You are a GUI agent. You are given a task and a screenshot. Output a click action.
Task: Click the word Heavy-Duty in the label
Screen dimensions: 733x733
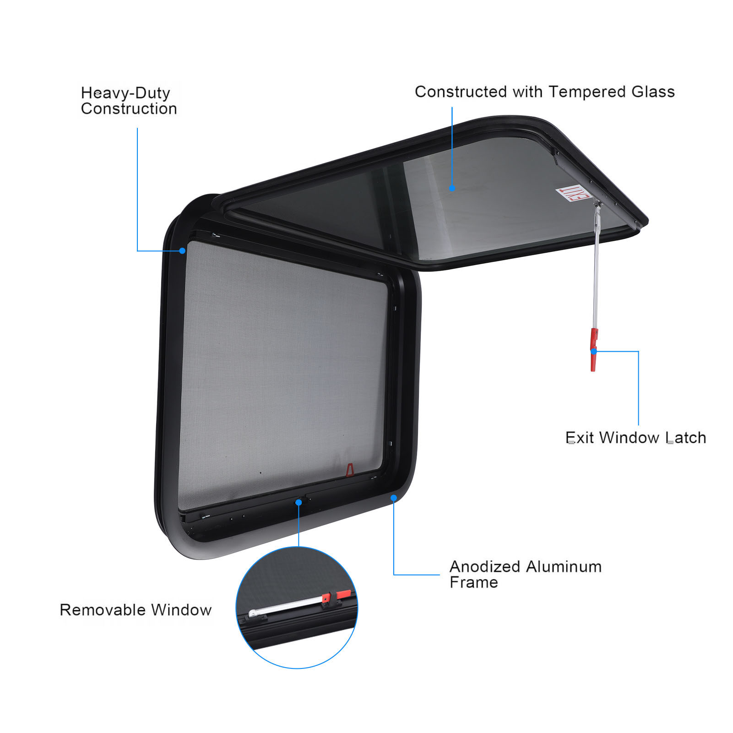[125, 93]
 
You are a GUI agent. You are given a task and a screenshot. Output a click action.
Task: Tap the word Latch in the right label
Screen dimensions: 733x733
[686, 438]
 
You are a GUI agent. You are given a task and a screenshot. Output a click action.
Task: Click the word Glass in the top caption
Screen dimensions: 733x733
[653, 92]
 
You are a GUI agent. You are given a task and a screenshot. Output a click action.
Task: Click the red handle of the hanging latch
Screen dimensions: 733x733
[594, 349]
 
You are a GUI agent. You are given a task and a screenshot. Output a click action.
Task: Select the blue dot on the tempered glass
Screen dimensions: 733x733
[452, 188]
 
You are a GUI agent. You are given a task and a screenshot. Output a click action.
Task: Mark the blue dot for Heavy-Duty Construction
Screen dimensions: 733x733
[182, 251]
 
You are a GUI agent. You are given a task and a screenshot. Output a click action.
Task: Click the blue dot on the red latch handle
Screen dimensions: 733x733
[594, 352]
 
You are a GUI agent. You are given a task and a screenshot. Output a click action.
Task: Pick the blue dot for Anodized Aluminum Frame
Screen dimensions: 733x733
[394, 498]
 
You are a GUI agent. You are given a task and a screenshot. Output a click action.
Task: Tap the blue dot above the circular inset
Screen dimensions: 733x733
[299, 503]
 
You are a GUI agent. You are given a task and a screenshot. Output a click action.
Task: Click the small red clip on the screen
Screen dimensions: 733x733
[350, 470]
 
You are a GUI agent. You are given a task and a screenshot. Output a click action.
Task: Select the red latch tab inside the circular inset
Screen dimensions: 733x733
[344, 594]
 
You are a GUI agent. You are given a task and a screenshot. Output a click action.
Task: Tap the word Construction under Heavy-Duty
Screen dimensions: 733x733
[129, 109]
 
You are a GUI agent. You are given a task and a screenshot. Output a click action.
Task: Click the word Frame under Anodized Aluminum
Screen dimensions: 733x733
[474, 582]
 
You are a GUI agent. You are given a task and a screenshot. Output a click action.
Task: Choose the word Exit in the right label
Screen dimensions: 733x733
[580, 438]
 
